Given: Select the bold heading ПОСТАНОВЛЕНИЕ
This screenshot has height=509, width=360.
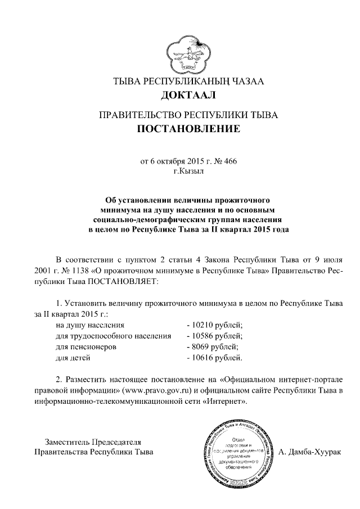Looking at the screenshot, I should coord(188,129).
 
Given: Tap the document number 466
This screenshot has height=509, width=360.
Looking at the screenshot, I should coord(230,161).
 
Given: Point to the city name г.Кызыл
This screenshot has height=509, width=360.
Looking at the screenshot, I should coord(188,171).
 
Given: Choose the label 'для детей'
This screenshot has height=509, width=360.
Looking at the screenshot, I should coord(73,357).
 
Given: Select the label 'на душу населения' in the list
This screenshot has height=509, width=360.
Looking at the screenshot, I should coord(89,325).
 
